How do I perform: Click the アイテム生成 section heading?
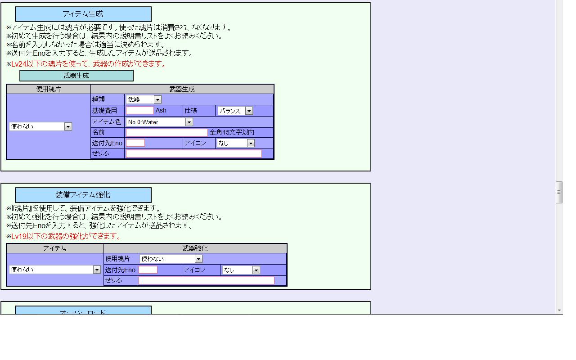83,14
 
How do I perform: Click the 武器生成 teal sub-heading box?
76,76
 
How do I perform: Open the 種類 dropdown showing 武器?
144,99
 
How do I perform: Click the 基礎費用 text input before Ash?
139,111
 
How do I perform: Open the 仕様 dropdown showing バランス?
235,111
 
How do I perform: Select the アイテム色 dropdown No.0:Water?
159,122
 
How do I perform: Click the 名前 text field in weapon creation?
166,132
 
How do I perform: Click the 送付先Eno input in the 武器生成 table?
135,143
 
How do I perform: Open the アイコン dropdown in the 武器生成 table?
236,143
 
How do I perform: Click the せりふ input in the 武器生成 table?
193,153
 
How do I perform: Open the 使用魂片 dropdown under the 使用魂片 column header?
40,126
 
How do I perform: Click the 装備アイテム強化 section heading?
83,195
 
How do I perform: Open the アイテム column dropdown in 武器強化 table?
55,270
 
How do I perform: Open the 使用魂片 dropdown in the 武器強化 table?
171,259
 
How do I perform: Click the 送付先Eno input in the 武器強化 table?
148,270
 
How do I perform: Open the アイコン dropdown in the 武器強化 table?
241,270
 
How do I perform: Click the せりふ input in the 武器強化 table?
206,280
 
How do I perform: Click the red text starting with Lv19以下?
67,236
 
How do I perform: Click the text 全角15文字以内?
232,132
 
